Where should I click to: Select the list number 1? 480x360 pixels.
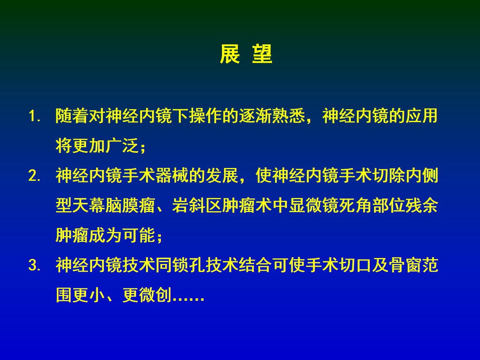(34, 116)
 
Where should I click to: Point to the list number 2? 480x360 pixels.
(34, 176)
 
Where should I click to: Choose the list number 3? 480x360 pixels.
(34, 266)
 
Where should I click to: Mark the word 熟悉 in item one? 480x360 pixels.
(289, 116)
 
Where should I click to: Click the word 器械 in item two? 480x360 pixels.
(172, 176)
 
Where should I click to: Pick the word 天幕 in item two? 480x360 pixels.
(89, 206)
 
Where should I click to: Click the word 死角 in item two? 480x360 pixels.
(355, 206)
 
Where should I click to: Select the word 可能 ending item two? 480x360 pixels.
(139, 236)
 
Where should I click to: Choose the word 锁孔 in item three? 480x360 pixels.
(189, 265)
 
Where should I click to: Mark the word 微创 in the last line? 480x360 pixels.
(156, 295)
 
